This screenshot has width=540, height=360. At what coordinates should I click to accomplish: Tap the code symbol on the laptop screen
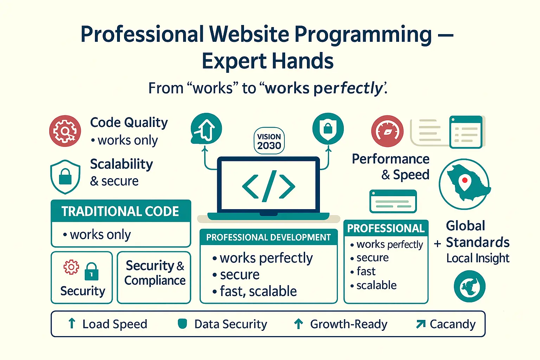click(269, 186)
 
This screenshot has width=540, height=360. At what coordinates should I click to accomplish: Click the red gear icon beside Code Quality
click(65, 131)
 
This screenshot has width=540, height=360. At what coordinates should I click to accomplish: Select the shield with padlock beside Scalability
click(65, 177)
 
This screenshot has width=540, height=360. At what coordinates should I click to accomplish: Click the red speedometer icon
click(387, 131)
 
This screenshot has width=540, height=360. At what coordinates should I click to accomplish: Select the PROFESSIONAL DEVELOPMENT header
click(268, 237)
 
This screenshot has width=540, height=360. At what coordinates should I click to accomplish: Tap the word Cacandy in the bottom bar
click(452, 324)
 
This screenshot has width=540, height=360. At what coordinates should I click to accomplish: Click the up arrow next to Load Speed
click(72, 323)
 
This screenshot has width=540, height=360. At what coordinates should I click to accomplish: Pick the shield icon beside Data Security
click(182, 323)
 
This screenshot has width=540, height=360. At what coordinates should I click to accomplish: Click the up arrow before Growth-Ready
click(298, 323)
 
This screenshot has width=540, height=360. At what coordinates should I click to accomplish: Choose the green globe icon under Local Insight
click(469, 286)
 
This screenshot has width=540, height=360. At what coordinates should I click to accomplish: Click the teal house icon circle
click(206, 129)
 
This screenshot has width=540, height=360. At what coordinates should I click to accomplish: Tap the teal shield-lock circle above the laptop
click(328, 129)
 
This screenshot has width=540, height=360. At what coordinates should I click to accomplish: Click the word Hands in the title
click(303, 61)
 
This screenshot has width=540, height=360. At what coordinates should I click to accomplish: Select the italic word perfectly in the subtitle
click(348, 88)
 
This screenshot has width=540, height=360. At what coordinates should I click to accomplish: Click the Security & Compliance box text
click(155, 273)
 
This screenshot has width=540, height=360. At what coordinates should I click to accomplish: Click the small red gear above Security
click(71, 267)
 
